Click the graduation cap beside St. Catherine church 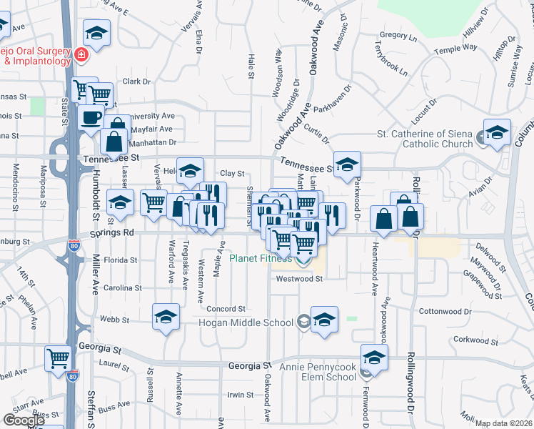point(497,132)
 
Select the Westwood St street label point(300,279)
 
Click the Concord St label point(226,308)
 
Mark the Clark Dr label point(136,82)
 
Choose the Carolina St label point(121,288)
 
